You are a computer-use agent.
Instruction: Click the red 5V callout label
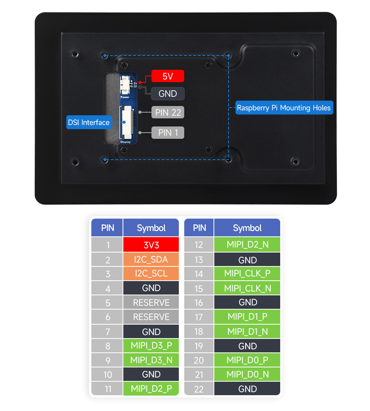pyautogui.click(x=168, y=76)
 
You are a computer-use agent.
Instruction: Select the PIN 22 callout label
pyautogui.click(x=168, y=113)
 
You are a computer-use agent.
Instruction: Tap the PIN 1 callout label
pyautogui.click(x=168, y=133)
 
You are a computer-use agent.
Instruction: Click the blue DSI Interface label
pyautogui.click(x=89, y=122)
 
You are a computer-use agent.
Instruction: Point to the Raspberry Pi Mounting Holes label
pyautogui.click(x=284, y=108)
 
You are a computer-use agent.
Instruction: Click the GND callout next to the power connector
pyautogui.click(x=168, y=94)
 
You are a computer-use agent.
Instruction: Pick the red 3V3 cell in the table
pyautogui.click(x=151, y=244)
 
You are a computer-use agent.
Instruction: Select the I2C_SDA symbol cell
pyautogui.click(x=151, y=259)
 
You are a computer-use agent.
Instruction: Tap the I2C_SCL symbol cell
pyautogui.click(x=151, y=274)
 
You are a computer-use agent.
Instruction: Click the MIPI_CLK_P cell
pyautogui.click(x=247, y=274)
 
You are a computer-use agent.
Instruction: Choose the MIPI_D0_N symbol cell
pyautogui.click(x=247, y=374)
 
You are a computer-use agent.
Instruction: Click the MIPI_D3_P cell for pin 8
pyautogui.click(x=151, y=346)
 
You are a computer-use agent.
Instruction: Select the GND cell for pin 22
pyautogui.click(x=247, y=389)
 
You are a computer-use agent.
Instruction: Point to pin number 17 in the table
pyautogui.click(x=199, y=317)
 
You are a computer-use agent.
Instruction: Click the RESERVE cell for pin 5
pyautogui.click(x=151, y=303)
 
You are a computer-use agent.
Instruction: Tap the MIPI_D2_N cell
pyautogui.click(x=247, y=244)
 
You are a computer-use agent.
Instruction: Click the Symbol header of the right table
pyautogui.click(x=247, y=228)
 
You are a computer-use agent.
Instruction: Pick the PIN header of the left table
pyautogui.click(x=107, y=228)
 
